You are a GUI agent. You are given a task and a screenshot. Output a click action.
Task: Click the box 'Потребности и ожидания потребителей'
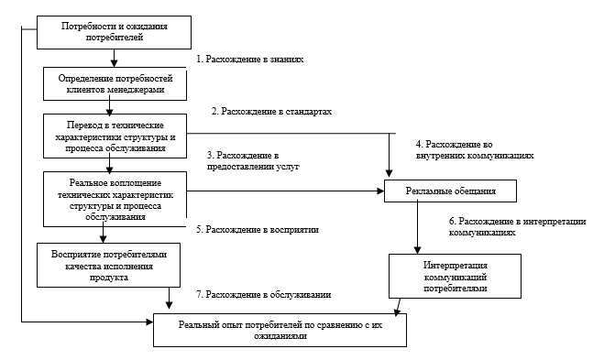coord(115,33)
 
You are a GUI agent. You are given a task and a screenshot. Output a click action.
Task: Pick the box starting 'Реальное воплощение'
coord(115,198)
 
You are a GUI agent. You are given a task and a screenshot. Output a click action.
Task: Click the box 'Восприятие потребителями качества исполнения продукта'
coord(102,263)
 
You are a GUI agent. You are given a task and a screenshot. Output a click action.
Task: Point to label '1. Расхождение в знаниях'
coord(249,58)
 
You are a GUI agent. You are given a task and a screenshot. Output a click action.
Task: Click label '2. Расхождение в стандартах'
coord(271,111)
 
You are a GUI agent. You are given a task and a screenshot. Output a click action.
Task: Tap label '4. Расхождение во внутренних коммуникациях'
coord(474,149)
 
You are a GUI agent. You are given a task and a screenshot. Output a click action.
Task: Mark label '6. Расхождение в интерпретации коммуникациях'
coord(517,227)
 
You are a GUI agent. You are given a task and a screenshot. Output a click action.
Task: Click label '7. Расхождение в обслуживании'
coord(263,295)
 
